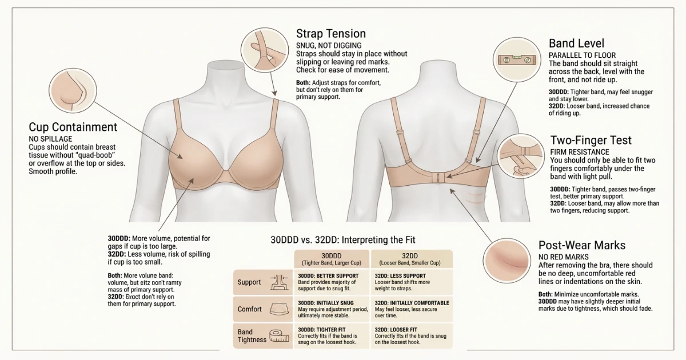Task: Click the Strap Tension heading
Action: pos(330,33)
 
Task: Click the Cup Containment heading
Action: pos(73,127)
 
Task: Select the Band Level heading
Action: pos(576,43)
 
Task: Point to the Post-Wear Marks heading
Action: pos(582,246)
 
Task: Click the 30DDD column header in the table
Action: pos(332,258)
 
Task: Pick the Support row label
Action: pos(249,282)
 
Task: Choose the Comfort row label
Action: pos(250,309)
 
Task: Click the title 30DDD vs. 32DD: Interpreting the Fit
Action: pos(343,240)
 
